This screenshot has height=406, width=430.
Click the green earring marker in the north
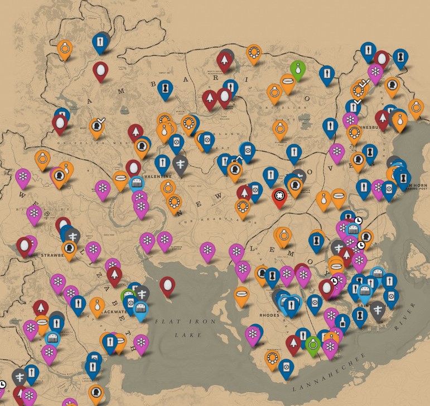pos(298,69)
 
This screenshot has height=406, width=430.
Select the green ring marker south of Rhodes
pos(313,344)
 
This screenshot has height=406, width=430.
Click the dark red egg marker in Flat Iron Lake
pos(167,286)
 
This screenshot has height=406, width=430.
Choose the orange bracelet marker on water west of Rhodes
pos(242,295)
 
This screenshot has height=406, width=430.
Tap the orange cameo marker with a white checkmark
pos(97,128)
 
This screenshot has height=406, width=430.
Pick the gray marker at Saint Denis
pos(379,310)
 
